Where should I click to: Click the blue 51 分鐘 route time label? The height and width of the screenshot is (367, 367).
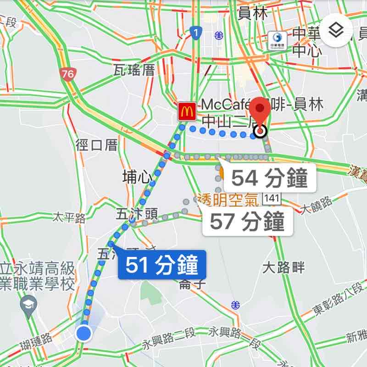(161, 266)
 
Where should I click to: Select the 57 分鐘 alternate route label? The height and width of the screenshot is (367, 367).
(247, 222)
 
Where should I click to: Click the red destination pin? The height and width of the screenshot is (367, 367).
(261, 110)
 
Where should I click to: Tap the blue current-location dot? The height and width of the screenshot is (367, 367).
(84, 333)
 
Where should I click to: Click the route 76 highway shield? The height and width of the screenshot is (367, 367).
(68, 74)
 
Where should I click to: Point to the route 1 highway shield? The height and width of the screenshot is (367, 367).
(196, 33)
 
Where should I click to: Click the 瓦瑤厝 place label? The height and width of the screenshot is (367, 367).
(134, 70)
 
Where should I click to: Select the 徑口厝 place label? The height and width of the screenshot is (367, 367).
(97, 145)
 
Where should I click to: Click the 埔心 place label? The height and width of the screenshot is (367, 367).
(138, 177)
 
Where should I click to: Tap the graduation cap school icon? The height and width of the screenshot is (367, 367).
(28, 305)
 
